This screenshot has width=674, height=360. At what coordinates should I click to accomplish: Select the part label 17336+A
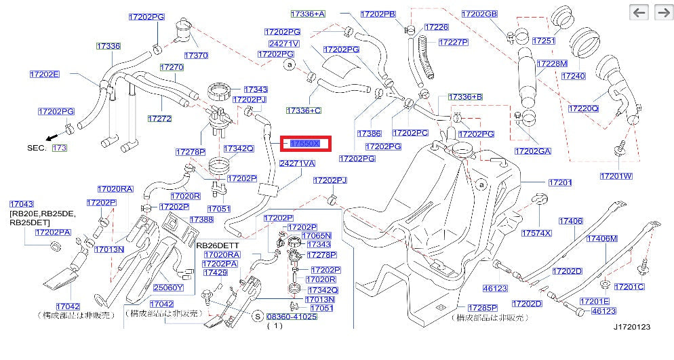point(308,14)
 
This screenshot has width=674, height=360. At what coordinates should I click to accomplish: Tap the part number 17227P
point(454,42)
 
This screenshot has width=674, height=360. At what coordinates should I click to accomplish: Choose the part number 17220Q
point(583,108)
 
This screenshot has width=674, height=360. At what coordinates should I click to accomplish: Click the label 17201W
point(616,176)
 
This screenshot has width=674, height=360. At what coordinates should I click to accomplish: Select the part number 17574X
point(536,233)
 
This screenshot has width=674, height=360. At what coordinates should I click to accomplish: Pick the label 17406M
point(602,239)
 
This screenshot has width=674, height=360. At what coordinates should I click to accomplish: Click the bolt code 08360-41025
point(292,317)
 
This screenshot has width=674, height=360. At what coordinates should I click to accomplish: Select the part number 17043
point(21,204)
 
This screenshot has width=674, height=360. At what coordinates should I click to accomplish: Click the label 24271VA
point(298,163)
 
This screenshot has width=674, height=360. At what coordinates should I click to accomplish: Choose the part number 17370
point(196,55)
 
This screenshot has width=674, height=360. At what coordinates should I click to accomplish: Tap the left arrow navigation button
point(639,12)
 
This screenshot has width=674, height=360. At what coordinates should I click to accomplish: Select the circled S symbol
point(258,317)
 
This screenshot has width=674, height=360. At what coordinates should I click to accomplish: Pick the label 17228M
point(551,63)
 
